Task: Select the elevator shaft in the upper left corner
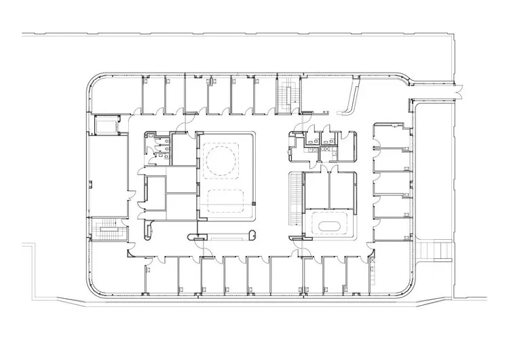pyautogui.click(x=107, y=126)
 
